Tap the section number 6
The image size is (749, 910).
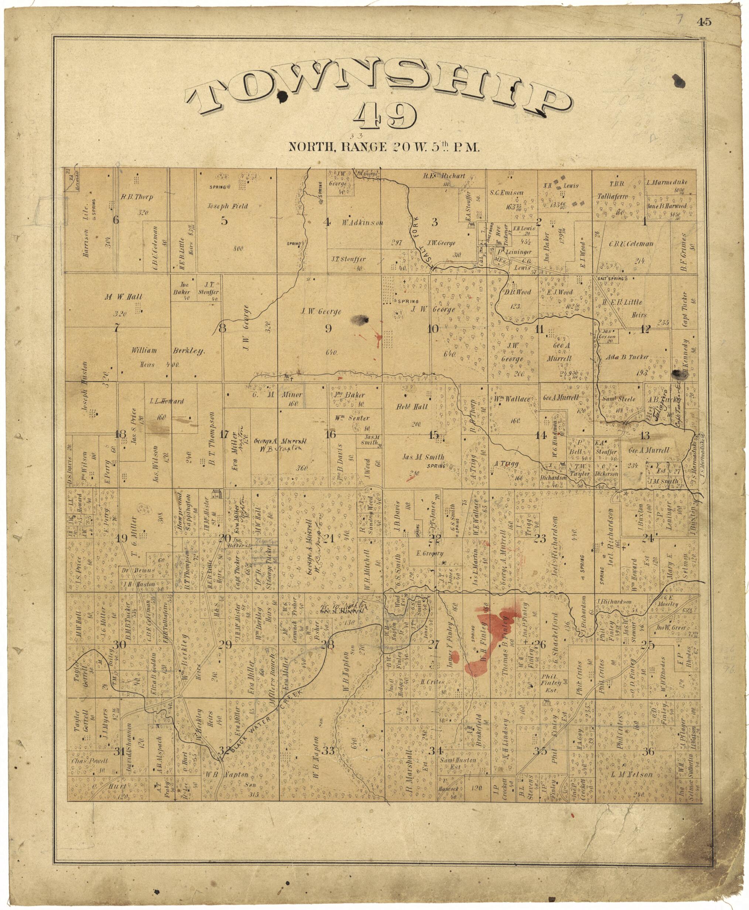116,220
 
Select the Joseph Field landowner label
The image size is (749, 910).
228,206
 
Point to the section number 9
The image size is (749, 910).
328,329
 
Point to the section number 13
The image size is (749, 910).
644,436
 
